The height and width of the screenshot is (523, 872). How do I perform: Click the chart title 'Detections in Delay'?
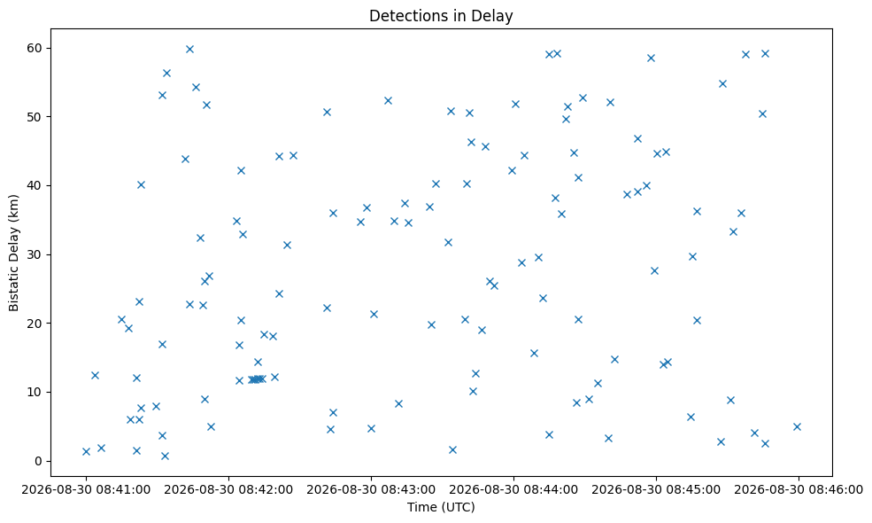[441, 16]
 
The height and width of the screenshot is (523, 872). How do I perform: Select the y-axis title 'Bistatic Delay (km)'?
[14, 253]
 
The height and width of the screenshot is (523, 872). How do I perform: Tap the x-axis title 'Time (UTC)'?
[441, 507]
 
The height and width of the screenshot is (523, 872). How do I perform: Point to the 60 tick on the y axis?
[35, 48]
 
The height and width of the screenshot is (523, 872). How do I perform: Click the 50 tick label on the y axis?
[35, 117]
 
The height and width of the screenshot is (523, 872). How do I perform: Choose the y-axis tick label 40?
[35, 185]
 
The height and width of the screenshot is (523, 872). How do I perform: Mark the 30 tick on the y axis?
[35, 254]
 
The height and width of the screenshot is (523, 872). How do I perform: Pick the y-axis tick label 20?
[35, 323]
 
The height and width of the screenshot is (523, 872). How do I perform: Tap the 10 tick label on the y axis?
[35, 392]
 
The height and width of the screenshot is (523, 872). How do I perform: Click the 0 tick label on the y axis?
[38, 461]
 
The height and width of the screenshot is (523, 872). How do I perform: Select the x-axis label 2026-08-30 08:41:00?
[86, 490]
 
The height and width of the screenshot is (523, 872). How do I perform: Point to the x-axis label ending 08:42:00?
[228, 490]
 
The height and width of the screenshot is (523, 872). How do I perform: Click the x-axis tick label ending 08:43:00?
[371, 490]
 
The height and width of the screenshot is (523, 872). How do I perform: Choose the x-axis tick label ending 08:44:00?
[513, 490]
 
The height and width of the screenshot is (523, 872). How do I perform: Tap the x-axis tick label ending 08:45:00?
[656, 490]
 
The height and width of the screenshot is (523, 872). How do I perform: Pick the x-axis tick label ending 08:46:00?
[799, 490]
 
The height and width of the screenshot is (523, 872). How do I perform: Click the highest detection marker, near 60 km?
[189, 49]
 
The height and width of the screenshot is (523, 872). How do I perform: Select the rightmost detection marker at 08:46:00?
[797, 426]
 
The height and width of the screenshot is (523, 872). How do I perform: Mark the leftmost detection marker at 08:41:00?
[86, 452]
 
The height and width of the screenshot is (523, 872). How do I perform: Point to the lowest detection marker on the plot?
[165, 457]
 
